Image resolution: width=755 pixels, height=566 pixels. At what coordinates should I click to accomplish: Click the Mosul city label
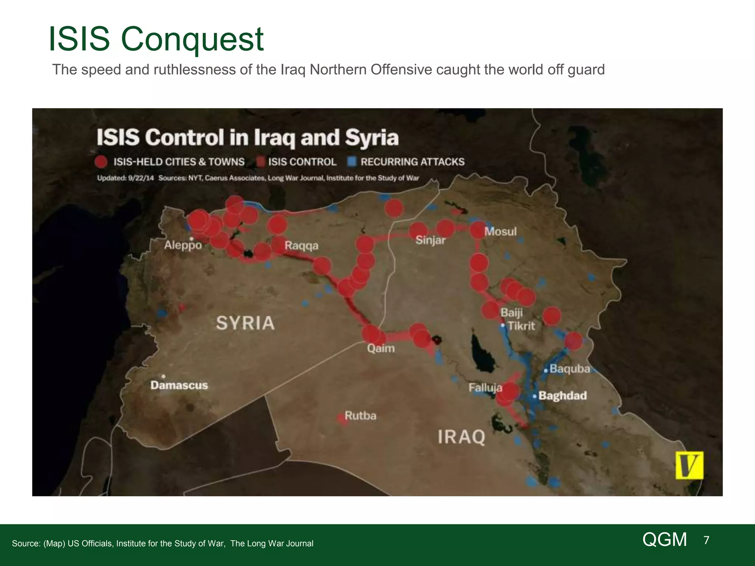tap(500, 232)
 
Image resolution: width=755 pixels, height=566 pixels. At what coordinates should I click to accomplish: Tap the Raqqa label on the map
tap(302, 246)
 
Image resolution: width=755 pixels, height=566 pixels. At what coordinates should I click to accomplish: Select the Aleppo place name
tap(183, 245)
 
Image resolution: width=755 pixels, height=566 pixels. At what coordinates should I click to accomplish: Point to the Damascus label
tap(179, 385)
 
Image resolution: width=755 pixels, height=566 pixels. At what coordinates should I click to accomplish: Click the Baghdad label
tap(563, 396)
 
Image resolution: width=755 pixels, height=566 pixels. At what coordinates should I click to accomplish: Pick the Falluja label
tap(485, 388)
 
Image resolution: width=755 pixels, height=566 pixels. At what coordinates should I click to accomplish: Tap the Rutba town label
tap(360, 416)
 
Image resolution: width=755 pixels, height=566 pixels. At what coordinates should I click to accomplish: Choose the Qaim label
tap(381, 348)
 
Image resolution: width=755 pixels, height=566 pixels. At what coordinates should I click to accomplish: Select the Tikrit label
tap(521, 326)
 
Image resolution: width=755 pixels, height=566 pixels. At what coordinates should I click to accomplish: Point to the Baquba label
tap(570, 369)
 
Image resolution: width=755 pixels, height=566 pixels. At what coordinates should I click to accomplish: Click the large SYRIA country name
tap(245, 323)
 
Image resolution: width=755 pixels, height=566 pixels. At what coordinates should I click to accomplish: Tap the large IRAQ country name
tap(462, 437)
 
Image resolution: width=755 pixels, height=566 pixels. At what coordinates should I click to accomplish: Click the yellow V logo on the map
tap(689, 465)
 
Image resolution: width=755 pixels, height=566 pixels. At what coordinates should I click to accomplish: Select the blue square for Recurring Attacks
tap(352, 162)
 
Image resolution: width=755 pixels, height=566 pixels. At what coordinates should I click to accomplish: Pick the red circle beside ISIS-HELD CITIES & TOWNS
tap(101, 162)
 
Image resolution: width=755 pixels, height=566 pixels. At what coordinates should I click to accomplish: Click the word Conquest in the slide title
tap(192, 39)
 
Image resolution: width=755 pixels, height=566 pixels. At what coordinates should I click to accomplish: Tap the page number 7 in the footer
tap(706, 540)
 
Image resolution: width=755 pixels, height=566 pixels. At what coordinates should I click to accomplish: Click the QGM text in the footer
tap(665, 540)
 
